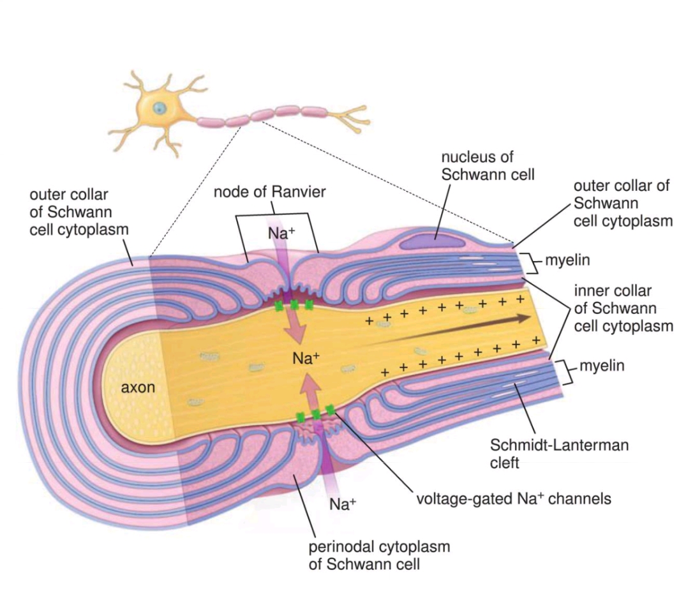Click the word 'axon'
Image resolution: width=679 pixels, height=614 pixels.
(x=137, y=386)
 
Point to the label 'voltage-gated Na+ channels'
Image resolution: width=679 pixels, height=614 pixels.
(x=514, y=498)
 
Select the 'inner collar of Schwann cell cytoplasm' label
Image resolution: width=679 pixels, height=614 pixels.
(x=622, y=308)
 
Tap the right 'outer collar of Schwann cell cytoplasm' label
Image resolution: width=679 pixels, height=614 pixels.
(x=622, y=203)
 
